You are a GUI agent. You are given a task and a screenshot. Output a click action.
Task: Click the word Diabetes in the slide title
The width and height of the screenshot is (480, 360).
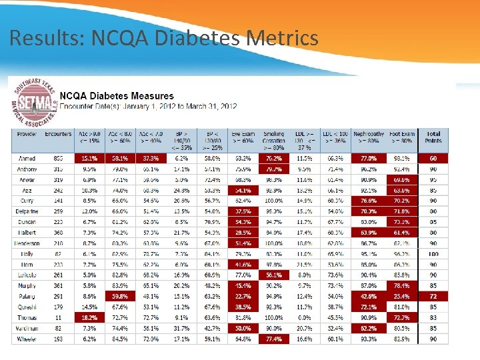[199, 38]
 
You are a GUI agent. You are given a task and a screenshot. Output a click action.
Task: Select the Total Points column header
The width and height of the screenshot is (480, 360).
[433, 137]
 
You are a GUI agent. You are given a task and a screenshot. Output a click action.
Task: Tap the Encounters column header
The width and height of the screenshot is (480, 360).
[58, 134]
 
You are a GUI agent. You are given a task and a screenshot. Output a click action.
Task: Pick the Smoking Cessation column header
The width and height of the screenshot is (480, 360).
[273, 137]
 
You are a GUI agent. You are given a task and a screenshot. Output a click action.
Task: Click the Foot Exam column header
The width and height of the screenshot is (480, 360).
[401, 137]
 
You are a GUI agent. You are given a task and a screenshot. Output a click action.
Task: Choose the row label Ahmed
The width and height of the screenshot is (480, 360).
[26, 159]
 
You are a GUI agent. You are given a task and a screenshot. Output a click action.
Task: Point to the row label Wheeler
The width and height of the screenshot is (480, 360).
[26, 339]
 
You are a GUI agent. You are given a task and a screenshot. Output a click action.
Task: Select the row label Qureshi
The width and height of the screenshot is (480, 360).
[26, 307]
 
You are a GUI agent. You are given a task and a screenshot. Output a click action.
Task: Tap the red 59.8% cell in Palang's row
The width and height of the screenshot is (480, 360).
[120, 296]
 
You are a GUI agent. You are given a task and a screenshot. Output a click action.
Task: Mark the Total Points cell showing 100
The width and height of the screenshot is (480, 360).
[433, 254]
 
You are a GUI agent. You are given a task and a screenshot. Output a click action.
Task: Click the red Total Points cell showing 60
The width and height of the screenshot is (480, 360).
[433, 159]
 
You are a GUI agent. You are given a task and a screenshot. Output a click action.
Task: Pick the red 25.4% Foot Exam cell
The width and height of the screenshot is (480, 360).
[401, 296]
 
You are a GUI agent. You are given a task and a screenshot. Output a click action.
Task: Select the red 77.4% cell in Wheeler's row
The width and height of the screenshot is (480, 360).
[273, 339]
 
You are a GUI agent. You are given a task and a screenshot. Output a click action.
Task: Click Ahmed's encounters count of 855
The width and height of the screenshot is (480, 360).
[58, 159]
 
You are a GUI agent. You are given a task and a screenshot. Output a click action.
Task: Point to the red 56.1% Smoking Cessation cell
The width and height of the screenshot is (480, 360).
[273, 275]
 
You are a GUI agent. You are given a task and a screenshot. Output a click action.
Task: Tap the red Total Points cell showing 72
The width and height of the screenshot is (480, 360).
[433, 296]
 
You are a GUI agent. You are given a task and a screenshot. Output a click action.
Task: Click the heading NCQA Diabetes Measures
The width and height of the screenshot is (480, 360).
[117, 96]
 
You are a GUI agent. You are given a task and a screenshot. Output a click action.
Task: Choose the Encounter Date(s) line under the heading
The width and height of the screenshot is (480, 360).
[148, 106]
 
